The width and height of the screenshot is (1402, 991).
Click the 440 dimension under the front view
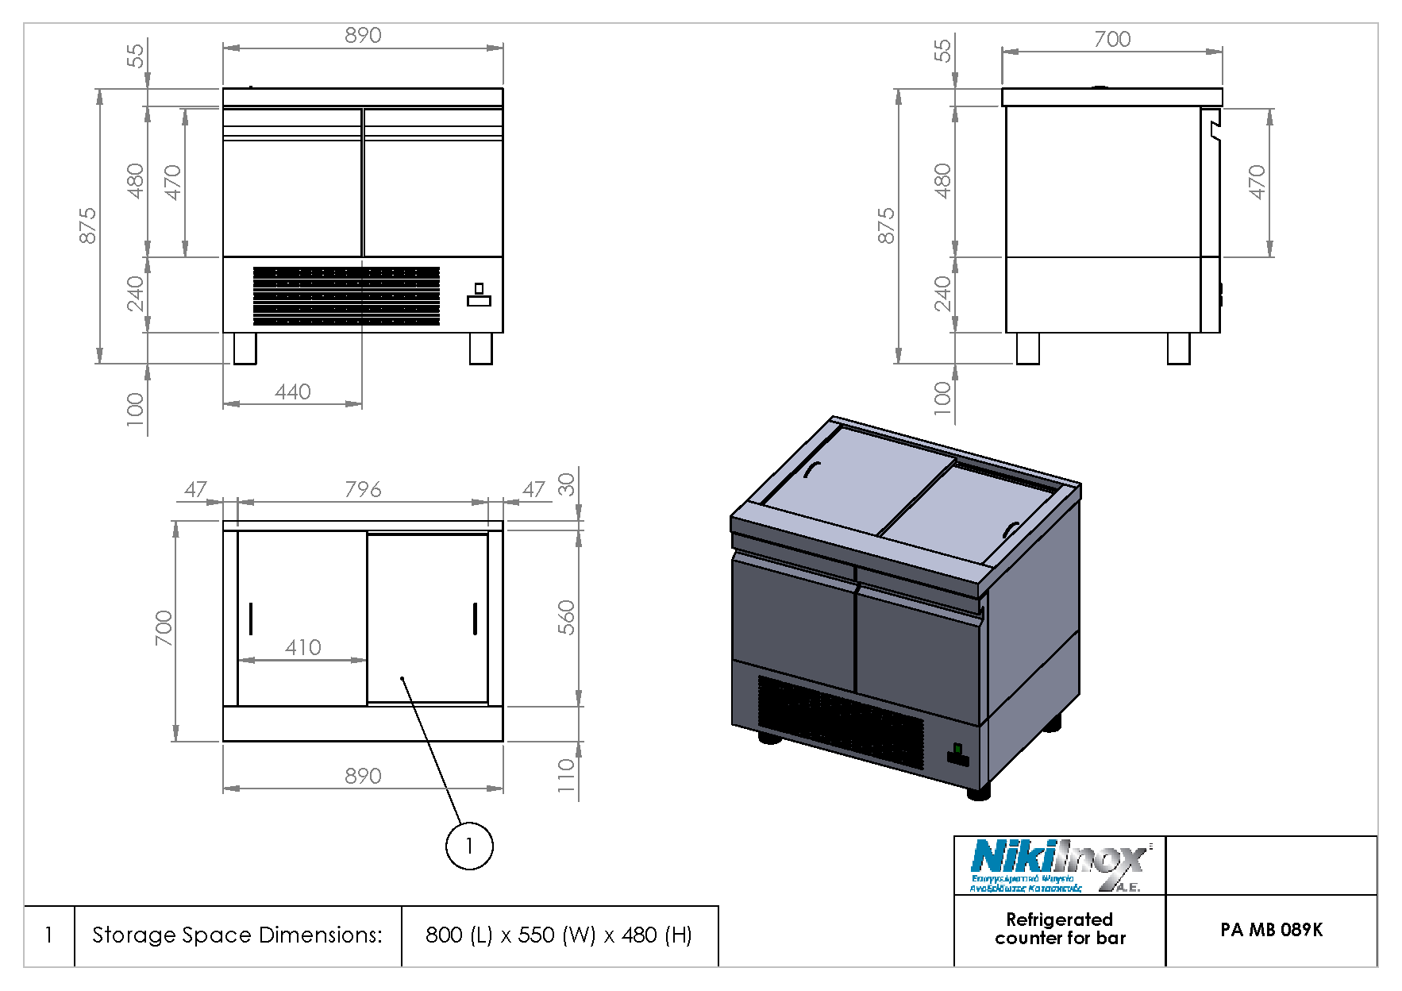point(293,392)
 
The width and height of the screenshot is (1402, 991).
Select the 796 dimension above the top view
point(363,490)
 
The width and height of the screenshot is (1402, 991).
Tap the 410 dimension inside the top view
point(302,648)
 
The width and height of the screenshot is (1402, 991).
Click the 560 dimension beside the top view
point(565,617)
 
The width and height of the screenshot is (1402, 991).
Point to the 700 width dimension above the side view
point(1111,40)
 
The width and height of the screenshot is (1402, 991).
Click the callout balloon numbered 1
point(469,846)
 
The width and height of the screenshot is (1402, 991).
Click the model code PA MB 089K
point(1271,930)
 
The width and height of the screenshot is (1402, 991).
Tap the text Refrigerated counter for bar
point(1060,929)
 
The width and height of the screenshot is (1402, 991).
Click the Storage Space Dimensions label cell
point(237,935)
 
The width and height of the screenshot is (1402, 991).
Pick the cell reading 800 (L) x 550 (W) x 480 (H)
point(559,935)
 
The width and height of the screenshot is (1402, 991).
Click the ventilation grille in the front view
point(346,295)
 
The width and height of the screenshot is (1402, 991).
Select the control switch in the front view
point(479,295)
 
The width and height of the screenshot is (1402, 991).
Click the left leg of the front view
point(245,349)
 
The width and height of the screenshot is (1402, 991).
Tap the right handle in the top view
point(475,619)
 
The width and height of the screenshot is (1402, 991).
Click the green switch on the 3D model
point(957,749)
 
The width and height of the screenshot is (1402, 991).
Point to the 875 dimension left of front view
point(87,226)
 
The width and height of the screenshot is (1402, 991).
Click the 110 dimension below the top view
point(565,775)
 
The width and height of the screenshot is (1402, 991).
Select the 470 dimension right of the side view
point(1257,182)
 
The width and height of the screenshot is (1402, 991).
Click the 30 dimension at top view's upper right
point(565,484)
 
